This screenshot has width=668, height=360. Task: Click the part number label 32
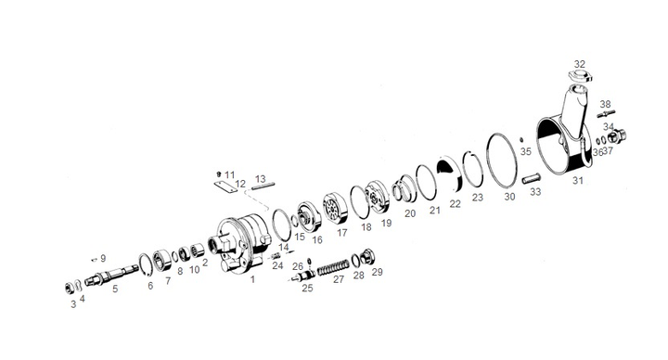(x=579, y=64)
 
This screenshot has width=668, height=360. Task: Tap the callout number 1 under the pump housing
(x=252, y=279)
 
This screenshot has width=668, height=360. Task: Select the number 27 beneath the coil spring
(x=339, y=279)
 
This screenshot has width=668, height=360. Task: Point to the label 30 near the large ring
(x=509, y=197)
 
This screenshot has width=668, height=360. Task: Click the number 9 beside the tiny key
(x=103, y=259)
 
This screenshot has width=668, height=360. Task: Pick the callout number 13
(x=260, y=179)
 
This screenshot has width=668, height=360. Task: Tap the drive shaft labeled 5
(x=111, y=275)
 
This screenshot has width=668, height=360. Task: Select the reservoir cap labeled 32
(x=580, y=76)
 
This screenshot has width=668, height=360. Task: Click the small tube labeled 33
(x=532, y=177)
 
